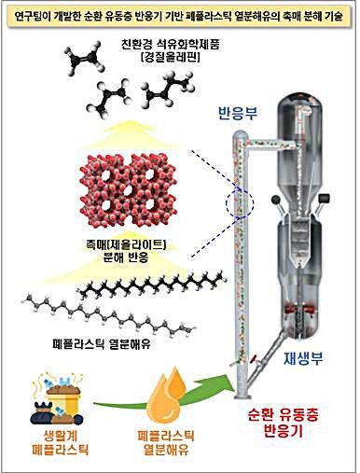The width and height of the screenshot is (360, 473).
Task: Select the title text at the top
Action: [179, 14]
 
